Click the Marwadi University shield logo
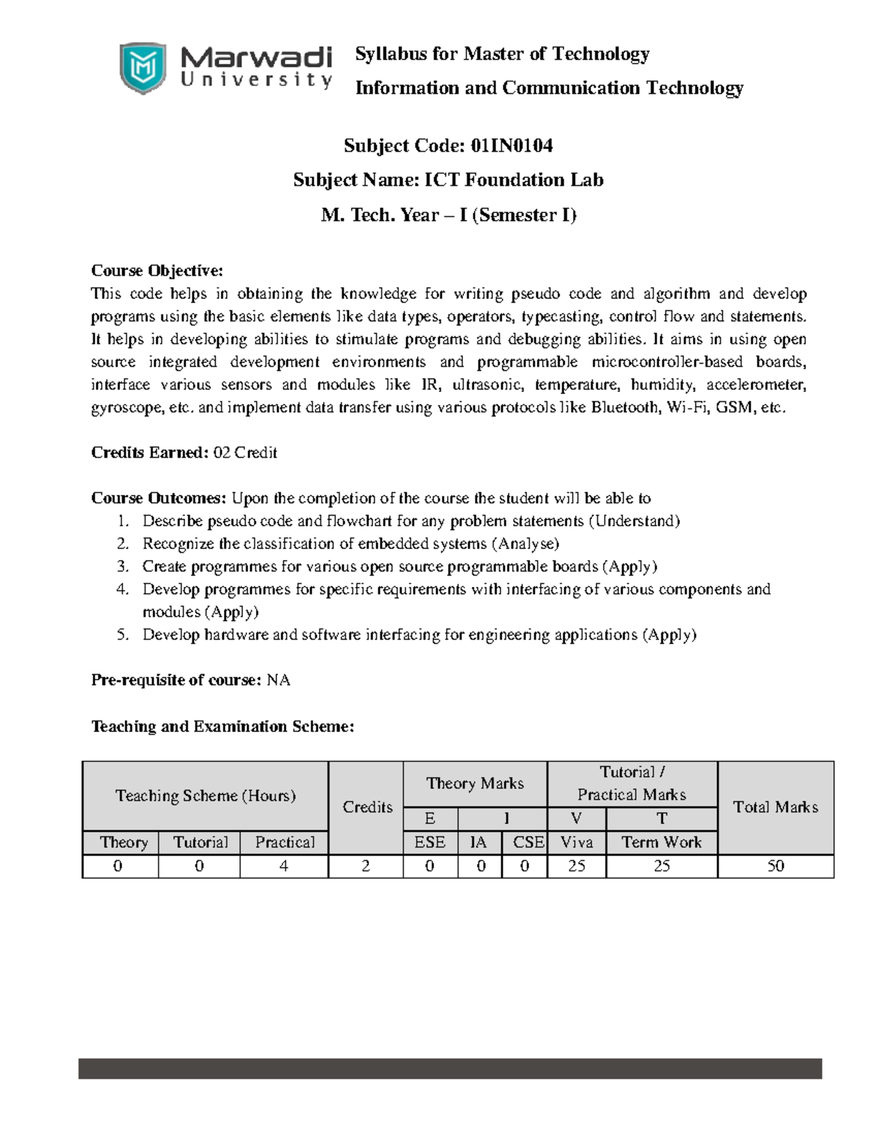pos(142,68)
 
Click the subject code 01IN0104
pos(511,146)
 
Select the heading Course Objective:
pos(157,271)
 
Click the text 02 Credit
pos(245,453)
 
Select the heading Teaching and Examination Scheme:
pos(222,726)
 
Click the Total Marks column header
pos(776,807)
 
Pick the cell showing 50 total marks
pos(776,866)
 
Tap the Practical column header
pos(285,843)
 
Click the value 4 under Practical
pos(284,866)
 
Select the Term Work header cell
pos(661,843)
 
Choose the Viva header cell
pos(577,843)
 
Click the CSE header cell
pos(528,843)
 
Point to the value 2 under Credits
pos(366,866)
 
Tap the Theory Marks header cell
pos(475,783)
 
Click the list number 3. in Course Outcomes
pos(123,567)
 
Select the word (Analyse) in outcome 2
pos(525,544)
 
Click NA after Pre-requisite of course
pos(279,680)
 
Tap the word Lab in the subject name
pos(588,180)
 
